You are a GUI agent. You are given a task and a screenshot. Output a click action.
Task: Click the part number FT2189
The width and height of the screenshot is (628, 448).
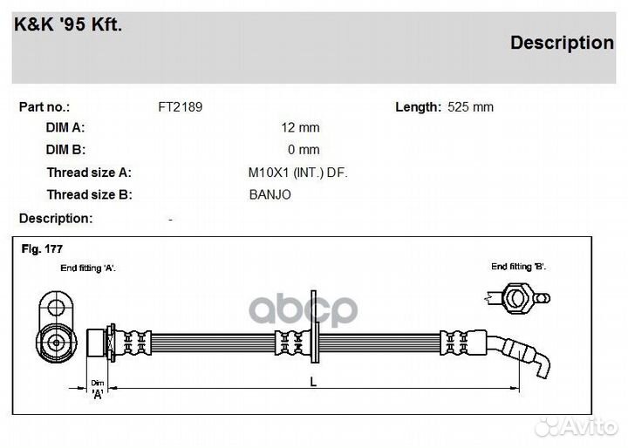181,107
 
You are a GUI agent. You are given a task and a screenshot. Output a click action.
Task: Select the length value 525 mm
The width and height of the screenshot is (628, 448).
470,107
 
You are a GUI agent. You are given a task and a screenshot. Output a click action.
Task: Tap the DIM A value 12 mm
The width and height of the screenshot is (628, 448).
300,127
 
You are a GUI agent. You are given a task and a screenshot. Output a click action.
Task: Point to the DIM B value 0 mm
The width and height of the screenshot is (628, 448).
304,149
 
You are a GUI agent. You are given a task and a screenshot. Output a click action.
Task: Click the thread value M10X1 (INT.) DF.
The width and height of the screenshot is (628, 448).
298,173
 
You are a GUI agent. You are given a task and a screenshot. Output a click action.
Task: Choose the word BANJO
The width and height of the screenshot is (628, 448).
270,194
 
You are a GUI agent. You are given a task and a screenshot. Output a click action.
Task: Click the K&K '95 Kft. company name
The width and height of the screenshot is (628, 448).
68,24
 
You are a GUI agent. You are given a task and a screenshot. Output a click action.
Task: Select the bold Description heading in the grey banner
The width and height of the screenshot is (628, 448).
562,43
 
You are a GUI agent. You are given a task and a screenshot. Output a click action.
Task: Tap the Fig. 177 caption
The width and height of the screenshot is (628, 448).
42,249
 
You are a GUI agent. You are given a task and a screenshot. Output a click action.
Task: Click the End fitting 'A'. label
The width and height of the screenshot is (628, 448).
88,268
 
